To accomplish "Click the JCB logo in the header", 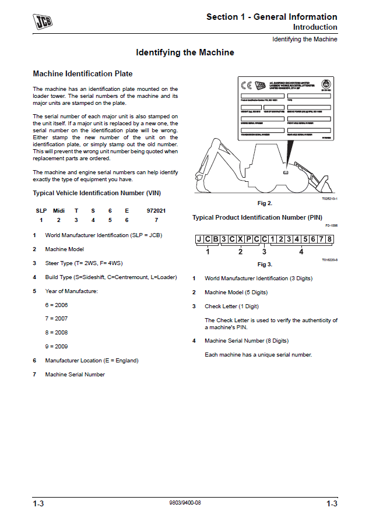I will (41, 22).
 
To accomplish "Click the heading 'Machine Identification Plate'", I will (83, 74).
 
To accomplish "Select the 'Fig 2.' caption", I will (265, 203).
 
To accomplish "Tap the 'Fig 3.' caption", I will (265, 265).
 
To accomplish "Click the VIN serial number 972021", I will (156, 210).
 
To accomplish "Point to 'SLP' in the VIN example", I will (41, 210).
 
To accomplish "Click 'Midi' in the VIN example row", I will (59, 210).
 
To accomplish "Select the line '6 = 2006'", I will (57, 305).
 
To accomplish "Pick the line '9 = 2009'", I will (57, 346).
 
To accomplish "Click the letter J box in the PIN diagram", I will (199, 239).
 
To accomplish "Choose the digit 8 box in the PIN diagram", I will (330, 239).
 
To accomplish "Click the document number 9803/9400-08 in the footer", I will (184, 502).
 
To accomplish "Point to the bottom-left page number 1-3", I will (38, 503).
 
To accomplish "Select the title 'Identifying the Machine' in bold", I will (185, 52).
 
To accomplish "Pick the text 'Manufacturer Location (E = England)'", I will (92, 361).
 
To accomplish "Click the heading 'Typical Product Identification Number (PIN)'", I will (257, 217).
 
